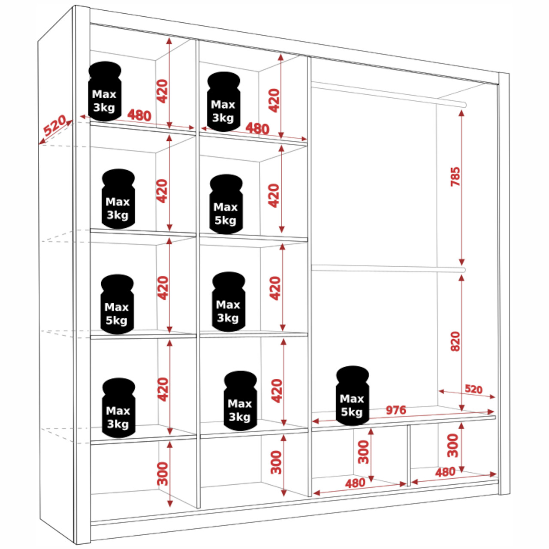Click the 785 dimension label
coord(455,176)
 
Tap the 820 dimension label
coord(455,341)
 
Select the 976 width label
coord(395,410)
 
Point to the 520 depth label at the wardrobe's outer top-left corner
coord(55,125)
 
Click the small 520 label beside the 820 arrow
coord(474,389)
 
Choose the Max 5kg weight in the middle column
coord(226,205)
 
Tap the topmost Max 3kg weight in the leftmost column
coord(105,91)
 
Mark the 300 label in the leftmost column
coord(163,474)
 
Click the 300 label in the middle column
coord(276,462)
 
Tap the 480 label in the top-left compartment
coord(139,115)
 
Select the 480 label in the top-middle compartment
coord(257,128)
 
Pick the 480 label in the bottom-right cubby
coord(445,472)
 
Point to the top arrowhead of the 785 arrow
coord(462,112)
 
